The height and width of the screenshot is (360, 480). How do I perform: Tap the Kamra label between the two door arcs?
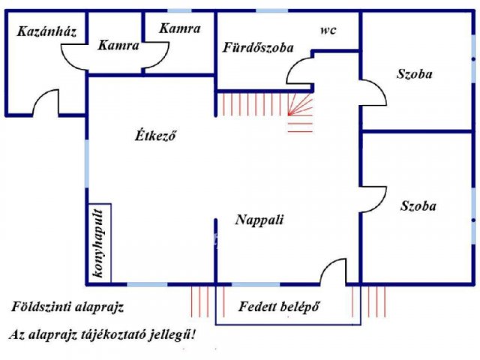click(118, 46)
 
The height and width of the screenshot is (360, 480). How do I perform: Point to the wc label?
click(327, 31)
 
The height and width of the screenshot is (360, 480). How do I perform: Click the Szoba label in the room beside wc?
click(415, 73)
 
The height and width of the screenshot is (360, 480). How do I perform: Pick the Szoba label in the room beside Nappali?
click(418, 205)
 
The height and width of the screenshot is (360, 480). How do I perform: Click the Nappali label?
click(259, 220)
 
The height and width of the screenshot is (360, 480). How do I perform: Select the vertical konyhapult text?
click(97, 243)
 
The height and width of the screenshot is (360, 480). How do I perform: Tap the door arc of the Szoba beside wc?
click(374, 94)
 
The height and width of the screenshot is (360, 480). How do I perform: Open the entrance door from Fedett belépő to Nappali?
click(333, 271)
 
